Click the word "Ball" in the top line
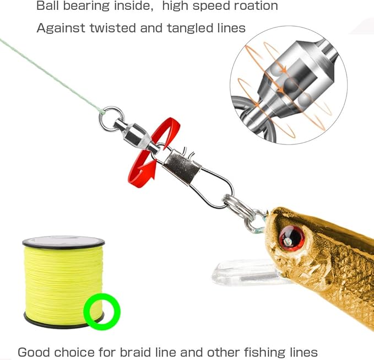(47, 7)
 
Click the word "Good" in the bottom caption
(34, 352)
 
